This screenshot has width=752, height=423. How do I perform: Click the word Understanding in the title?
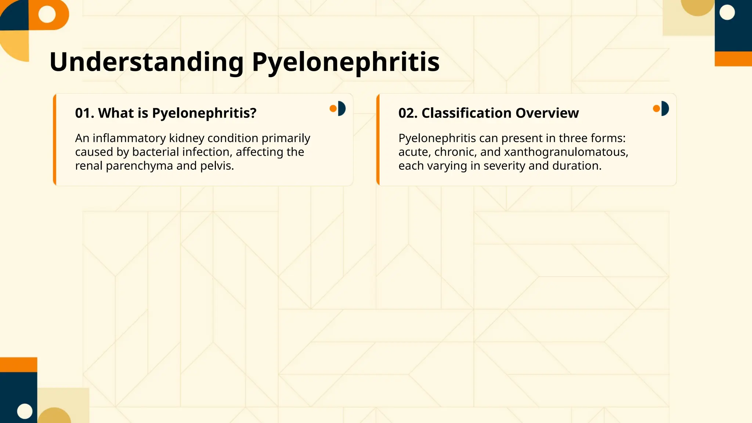[146, 62]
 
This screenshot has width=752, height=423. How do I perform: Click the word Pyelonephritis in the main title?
[346, 62]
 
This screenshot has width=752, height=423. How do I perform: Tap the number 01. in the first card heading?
[84, 113]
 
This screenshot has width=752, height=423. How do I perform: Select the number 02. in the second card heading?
[408, 113]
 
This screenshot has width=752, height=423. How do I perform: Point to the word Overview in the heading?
[547, 113]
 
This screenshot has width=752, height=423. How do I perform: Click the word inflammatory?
[129, 138]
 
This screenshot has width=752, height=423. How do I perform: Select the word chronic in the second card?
[455, 152]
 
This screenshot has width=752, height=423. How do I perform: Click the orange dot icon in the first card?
[333, 108]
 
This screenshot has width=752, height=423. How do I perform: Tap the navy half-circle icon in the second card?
[665, 108]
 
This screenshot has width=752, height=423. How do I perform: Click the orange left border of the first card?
[55, 140]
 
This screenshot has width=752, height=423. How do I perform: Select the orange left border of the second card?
[378, 140]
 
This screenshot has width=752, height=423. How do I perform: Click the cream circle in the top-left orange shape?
[47, 14]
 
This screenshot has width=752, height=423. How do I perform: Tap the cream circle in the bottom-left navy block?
[25, 411]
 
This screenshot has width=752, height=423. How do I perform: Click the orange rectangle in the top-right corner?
[733, 59]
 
